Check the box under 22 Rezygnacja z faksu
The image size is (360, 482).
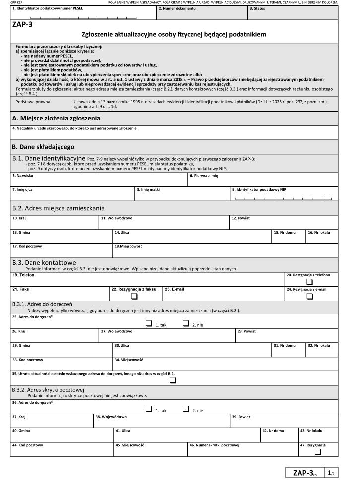(134, 297)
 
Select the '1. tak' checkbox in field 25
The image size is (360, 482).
(149, 323)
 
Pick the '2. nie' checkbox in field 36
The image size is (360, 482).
(186, 409)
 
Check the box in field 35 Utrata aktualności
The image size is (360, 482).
(173, 380)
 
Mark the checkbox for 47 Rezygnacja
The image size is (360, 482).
(318, 451)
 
